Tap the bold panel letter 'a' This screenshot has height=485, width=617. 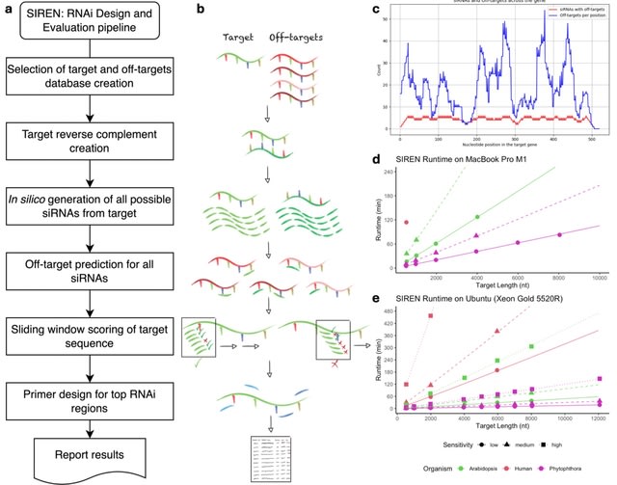(x=8, y=10)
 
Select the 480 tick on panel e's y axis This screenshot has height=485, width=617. (x=395, y=310)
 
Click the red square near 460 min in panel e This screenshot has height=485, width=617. (x=431, y=316)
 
